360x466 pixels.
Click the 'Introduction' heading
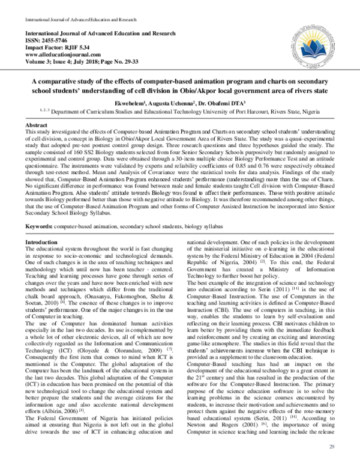(x=40, y=225)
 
